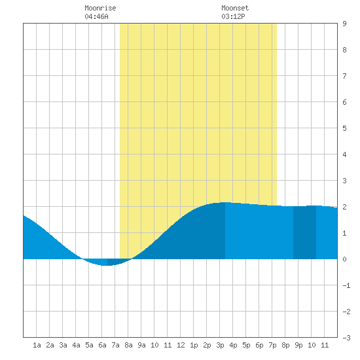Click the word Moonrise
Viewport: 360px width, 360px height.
[x=100, y=9]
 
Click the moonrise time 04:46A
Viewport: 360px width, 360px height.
[x=96, y=16]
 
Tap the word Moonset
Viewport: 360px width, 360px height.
[x=235, y=9]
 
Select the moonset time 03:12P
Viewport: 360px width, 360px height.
[x=233, y=16]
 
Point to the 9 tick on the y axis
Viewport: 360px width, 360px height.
[x=344, y=24]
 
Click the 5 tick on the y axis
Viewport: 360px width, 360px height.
[x=344, y=128]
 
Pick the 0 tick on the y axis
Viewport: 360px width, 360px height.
[x=344, y=259]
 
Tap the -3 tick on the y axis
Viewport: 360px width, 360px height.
[x=346, y=338]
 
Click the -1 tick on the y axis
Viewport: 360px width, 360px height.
[x=346, y=285]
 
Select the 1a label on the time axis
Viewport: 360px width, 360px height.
[x=37, y=345]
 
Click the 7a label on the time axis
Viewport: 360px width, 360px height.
[x=115, y=345]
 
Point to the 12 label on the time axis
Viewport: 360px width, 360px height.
[x=181, y=345]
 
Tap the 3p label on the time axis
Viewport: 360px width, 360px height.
[x=220, y=345]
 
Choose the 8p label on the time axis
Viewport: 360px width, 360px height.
[x=285, y=345]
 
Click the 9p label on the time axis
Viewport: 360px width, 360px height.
[x=298, y=345]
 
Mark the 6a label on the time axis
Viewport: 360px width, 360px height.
[x=102, y=345]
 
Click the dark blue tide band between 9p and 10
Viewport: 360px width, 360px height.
[x=304, y=232]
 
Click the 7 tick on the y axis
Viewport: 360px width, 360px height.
[x=344, y=76]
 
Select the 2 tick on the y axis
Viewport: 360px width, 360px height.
[x=344, y=207]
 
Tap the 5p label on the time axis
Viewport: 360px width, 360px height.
[x=246, y=345]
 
